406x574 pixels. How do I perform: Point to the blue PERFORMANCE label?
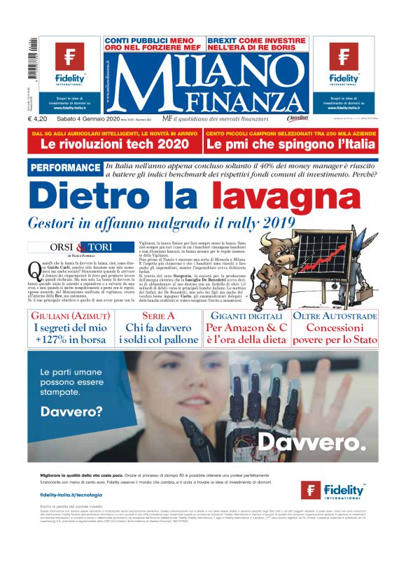pyautogui.click(x=66, y=168)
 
